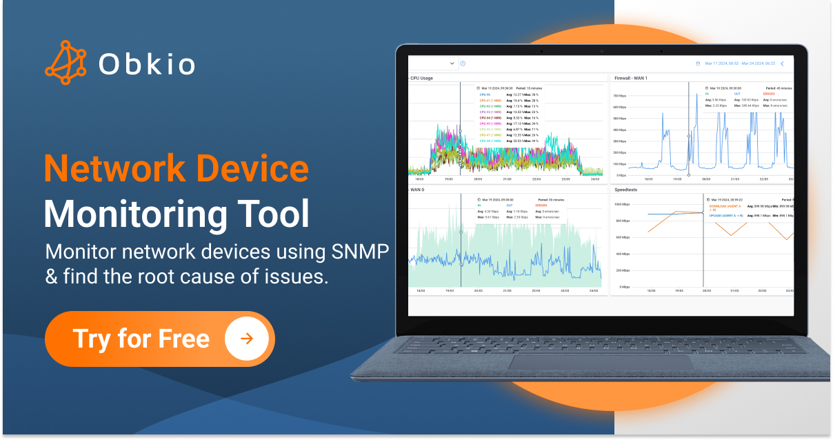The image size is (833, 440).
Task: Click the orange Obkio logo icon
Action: click(x=66, y=63)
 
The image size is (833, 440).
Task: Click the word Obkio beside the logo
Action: click(x=146, y=64)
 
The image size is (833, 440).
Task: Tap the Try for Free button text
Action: click(x=141, y=339)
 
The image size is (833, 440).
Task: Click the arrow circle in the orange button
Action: click(x=246, y=339)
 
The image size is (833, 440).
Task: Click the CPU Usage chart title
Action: click(x=421, y=78)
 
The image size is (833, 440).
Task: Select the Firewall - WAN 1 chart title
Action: click(x=630, y=78)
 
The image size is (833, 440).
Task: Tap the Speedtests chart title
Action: click(x=626, y=189)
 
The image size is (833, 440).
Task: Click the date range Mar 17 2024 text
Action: click(x=739, y=63)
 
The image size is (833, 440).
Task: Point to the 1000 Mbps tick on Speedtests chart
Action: click(x=621, y=205)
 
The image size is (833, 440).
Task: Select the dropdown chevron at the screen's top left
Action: click(x=452, y=63)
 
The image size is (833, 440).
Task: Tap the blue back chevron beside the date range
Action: click(x=781, y=63)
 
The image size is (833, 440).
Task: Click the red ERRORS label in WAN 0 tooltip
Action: click(x=541, y=205)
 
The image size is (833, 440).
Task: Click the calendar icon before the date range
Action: click(x=698, y=63)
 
